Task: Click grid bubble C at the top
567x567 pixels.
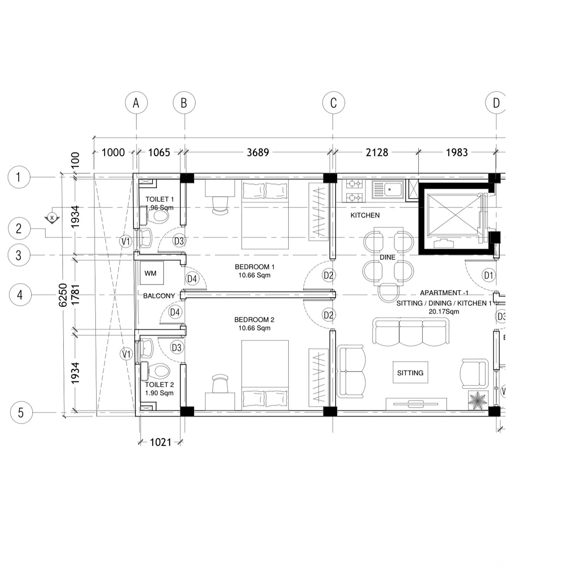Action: click(x=333, y=103)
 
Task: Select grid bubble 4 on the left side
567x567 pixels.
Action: click(x=20, y=295)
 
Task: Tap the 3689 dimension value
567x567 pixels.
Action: click(x=258, y=152)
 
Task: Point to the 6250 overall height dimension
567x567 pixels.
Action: click(x=63, y=295)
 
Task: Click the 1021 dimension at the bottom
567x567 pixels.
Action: click(x=160, y=442)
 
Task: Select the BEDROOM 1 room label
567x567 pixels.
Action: click(x=254, y=267)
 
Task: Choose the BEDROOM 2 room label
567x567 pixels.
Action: click(x=254, y=319)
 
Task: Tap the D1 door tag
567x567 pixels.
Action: click(x=488, y=275)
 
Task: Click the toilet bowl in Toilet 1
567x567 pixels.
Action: click(x=160, y=217)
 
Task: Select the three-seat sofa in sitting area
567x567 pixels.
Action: click(x=411, y=332)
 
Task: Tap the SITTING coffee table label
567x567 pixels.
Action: click(x=410, y=373)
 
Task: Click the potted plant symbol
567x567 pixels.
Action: click(x=478, y=400)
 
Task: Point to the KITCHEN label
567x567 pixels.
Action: click(x=365, y=215)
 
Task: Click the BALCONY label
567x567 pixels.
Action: click(x=159, y=296)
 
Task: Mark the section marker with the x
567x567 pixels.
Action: click(x=52, y=218)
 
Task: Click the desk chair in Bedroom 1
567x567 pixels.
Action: click(x=220, y=205)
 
